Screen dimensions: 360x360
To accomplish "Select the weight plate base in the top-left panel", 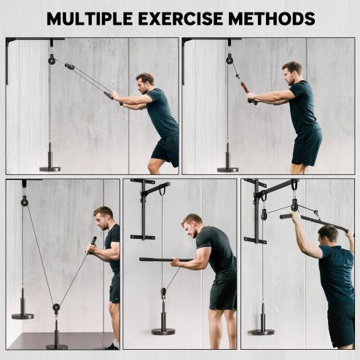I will point(50,168).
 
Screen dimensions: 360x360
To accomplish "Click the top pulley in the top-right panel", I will point(229,58).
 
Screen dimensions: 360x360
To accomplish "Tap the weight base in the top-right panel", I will point(227,168).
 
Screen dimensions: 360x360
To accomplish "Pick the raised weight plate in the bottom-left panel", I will point(23,315).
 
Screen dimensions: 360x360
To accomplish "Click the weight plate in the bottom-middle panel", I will point(163,331).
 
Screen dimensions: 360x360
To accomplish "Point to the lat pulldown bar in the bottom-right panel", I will point(313,222).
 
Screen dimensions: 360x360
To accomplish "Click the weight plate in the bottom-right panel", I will point(261,331).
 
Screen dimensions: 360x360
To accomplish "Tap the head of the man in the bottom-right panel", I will point(328,234).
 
